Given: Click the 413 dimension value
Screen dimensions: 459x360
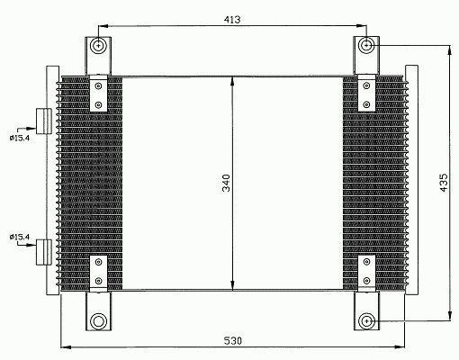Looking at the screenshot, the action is pos(232,20).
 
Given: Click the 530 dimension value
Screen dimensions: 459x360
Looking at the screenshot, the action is pos(233,341).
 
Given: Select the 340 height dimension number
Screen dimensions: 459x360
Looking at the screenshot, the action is pos(226,183).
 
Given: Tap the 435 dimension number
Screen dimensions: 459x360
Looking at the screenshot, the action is pos(444,183).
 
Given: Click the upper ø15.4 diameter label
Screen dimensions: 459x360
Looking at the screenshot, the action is pos(20,138).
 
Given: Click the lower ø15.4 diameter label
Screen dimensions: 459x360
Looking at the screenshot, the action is pos(20,237).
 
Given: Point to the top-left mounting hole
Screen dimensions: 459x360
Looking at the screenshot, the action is pos(98,46).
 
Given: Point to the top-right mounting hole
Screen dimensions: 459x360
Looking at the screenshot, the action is pos(366,46).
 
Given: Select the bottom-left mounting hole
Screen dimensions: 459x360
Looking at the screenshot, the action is pos(98,321).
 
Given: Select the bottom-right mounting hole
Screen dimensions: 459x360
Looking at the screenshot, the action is pos(366,321).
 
